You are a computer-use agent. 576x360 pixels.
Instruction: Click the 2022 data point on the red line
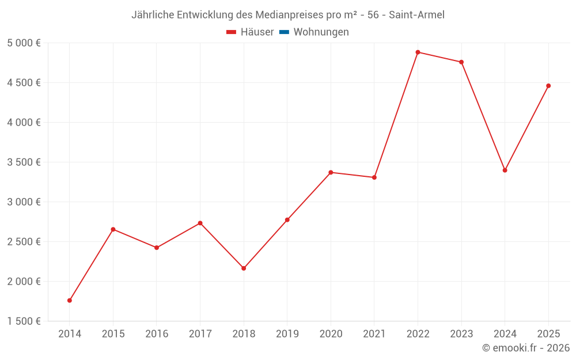[x=418, y=52]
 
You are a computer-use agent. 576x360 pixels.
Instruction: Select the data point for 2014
[x=70, y=300]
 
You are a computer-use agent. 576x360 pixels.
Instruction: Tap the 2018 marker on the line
[x=244, y=268]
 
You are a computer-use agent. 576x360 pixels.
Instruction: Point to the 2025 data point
[x=548, y=86]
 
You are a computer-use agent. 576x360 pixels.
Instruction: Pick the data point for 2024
[x=505, y=170]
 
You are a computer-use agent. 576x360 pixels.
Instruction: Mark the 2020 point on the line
[x=331, y=172]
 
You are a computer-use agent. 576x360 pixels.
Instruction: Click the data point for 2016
[x=157, y=248]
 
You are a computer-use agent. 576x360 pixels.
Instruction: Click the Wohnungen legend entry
[x=321, y=32]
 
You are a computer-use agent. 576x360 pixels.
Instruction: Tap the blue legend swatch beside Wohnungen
[x=284, y=32]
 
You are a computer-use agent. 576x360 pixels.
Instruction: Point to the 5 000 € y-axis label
[x=24, y=43]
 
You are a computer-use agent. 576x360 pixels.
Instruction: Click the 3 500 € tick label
[x=24, y=162]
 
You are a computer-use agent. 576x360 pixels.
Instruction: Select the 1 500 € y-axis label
[x=24, y=321]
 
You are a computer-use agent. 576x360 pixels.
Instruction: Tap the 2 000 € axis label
[x=24, y=282]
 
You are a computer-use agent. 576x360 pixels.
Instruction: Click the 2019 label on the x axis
[x=287, y=334]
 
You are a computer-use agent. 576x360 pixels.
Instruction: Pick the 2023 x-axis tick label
[x=461, y=334]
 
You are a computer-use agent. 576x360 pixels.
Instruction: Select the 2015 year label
[x=113, y=334]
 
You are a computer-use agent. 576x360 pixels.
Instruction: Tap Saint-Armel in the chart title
[x=416, y=15]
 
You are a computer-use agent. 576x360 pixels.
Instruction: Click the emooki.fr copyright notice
[x=525, y=348]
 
